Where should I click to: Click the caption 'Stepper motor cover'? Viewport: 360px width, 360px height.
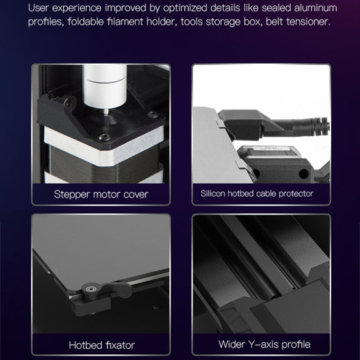click(x=101, y=195)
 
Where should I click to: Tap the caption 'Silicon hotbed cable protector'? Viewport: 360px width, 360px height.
click(x=257, y=194)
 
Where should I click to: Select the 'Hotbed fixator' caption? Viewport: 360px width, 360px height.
click(x=102, y=345)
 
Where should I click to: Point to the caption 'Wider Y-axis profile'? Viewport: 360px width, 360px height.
click(x=264, y=344)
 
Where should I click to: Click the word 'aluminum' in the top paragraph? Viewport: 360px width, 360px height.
click(x=316, y=8)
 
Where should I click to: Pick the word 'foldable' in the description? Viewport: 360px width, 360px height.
click(x=86, y=22)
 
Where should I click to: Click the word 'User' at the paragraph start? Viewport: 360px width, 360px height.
click(x=38, y=8)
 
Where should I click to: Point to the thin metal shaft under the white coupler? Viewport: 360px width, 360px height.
click(x=106, y=112)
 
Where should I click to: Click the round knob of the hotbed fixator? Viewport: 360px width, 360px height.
click(x=91, y=288)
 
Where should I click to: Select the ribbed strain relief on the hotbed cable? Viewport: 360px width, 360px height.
click(x=320, y=126)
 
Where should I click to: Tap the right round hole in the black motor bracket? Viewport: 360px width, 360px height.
click(x=304, y=174)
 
